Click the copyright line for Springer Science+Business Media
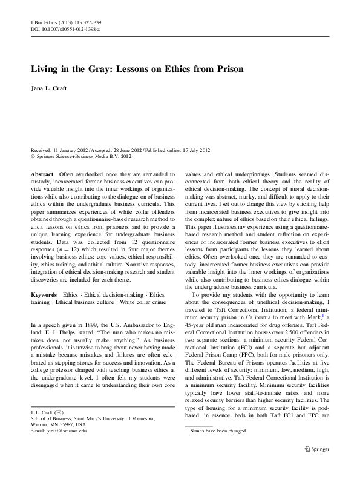click(x=82, y=155)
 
